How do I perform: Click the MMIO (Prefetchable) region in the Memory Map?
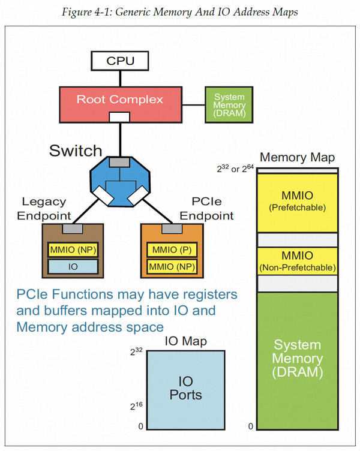click(298, 202)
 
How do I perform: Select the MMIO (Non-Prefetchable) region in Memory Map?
click(298, 261)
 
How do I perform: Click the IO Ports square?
click(186, 389)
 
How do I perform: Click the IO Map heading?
click(185, 341)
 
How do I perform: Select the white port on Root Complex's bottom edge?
click(119, 116)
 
